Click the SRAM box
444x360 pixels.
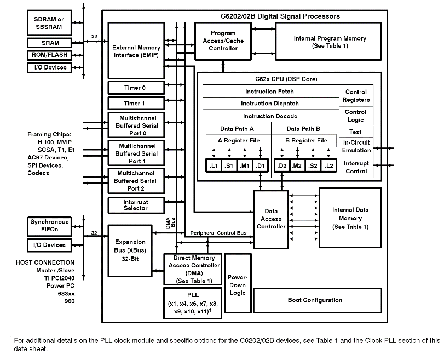(x=50, y=43)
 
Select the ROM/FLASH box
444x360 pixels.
(x=50, y=55)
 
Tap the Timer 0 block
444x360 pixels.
(x=135, y=88)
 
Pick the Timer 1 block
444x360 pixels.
(x=135, y=103)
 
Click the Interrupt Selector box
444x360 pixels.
(x=135, y=205)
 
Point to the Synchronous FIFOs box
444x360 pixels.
(x=50, y=225)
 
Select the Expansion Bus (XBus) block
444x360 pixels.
(x=130, y=249)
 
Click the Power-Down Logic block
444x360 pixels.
(x=237, y=284)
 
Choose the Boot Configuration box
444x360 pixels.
(x=315, y=300)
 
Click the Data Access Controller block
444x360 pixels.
(x=271, y=219)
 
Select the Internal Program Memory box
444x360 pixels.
(x=330, y=42)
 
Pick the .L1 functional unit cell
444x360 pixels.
(x=213, y=165)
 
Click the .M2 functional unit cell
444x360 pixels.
(x=297, y=165)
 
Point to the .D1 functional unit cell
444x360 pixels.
(x=261, y=165)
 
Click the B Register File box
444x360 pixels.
(x=307, y=141)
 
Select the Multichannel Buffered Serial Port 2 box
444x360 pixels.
(x=135, y=181)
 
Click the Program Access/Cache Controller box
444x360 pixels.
(x=223, y=41)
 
